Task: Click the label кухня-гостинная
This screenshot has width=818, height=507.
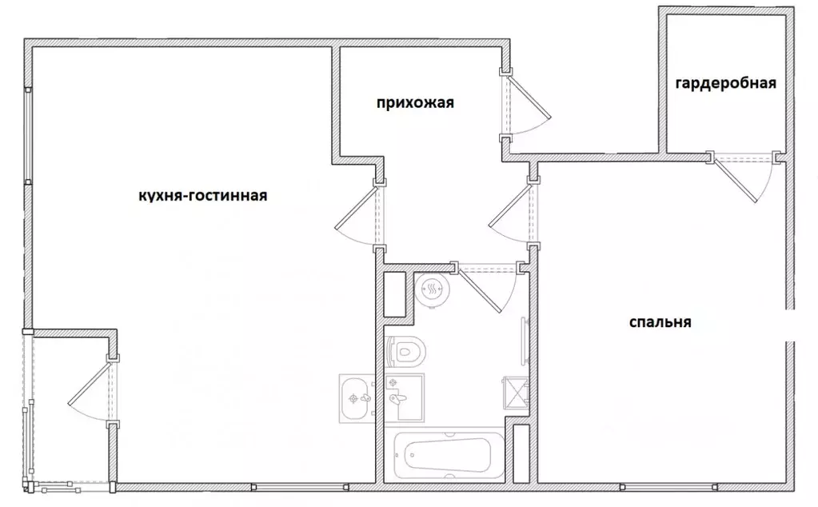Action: pos(202,196)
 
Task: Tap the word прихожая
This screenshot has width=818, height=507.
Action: pos(415,102)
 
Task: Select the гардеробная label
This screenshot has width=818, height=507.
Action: pos(725,84)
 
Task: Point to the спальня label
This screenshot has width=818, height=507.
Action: pos(660,322)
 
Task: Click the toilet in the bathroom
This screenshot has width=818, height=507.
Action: pos(406,350)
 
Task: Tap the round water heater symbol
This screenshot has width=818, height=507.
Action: pos(433,290)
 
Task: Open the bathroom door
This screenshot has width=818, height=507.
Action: pos(489,289)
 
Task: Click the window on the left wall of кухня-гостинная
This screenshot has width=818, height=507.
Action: pos(28,136)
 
